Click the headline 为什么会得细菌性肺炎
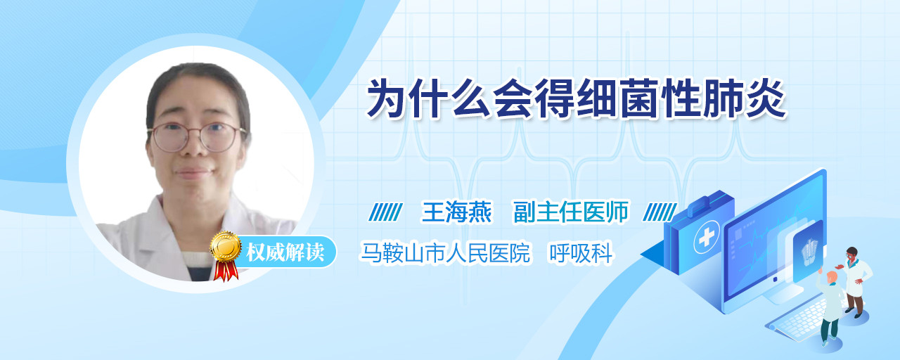tap(576, 99)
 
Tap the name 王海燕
tap(456, 212)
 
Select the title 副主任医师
tap(570, 212)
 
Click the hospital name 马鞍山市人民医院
tap(445, 252)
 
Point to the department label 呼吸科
tap(581, 252)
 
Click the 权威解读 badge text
tap(285, 252)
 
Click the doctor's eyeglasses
tap(197, 137)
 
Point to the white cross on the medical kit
tap(707, 238)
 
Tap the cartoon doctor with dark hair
tap(856, 282)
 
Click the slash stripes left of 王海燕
tap(385, 212)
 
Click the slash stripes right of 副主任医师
tap(660, 212)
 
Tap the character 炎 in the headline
tap(766, 99)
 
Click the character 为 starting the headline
tap(387, 99)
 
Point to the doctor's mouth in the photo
tap(193, 173)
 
